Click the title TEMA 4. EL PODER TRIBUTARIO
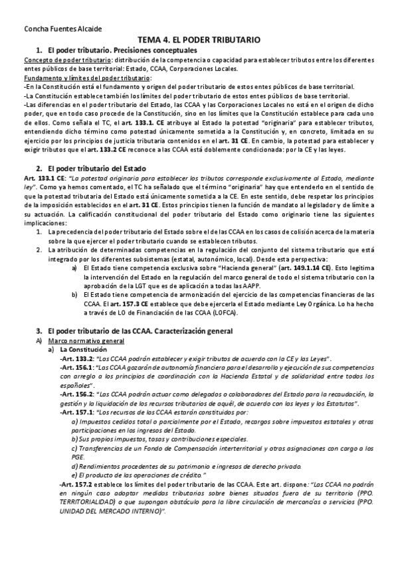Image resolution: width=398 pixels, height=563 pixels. [199, 40]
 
